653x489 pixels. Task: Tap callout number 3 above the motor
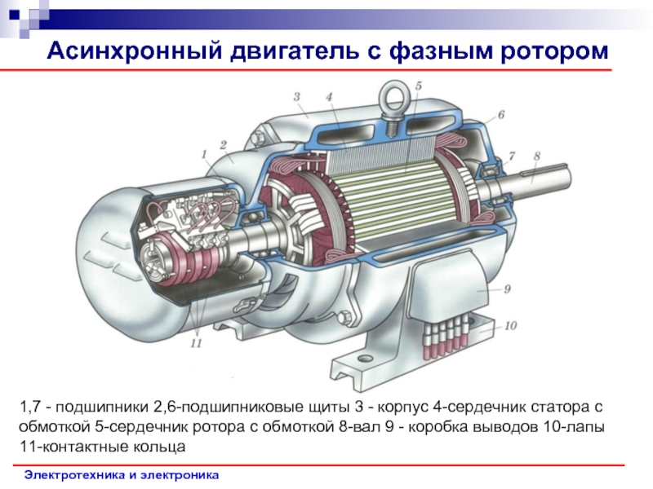pyautogui.click(x=296, y=97)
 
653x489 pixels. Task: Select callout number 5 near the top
pyautogui.click(x=418, y=86)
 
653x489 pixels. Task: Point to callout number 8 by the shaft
pyautogui.click(x=537, y=156)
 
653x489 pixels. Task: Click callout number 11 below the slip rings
pyautogui.click(x=196, y=343)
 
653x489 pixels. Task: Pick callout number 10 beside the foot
pyautogui.click(x=511, y=325)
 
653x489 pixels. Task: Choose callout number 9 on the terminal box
pyautogui.click(x=507, y=289)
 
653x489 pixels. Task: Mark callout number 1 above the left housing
pyautogui.click(x=204, y=155)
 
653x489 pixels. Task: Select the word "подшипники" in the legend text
pyautogui.click(x=102, y=407)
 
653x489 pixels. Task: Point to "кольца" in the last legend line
pyautogui.click(x=159, y=447)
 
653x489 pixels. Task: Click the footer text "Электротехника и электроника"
pyautogui.click(x=121, y=475)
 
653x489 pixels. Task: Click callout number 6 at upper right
pyautogui.click(x=501, y=114)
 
